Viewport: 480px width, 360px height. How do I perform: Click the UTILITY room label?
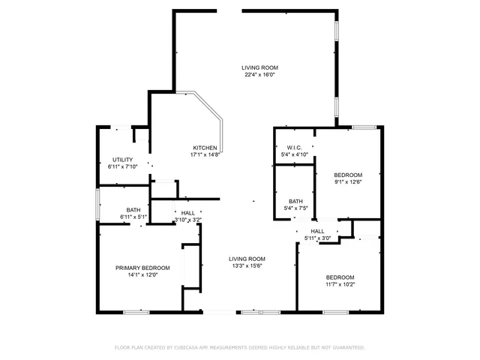coord(123,160)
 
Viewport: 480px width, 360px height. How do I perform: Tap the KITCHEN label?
coord(205,148)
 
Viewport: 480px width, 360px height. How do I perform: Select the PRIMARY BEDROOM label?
coord(142,268)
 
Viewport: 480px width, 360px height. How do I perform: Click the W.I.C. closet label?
coord(294,148)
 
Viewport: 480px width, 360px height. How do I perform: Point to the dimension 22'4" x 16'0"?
coord(259,74)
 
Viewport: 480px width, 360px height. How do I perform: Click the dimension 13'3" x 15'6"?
coord(247,266)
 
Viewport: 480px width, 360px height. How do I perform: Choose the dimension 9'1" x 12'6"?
coord(348,181)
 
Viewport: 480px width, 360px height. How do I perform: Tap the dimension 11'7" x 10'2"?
coord(340,284)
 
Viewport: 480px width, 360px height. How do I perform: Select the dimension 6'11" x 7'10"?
coord(123,166)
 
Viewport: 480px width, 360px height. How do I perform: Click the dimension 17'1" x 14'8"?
coord(205,154)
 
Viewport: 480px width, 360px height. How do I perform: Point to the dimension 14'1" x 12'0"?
coord(142,275)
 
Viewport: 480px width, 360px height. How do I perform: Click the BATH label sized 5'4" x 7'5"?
coord(295,201)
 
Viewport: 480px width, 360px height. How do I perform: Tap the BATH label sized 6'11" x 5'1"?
coord(133,210)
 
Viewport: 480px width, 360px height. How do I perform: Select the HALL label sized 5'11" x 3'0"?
coord(317,231)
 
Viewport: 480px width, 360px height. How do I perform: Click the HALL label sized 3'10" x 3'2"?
coord(187,213)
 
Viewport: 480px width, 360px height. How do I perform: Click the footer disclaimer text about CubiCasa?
coord(240,347)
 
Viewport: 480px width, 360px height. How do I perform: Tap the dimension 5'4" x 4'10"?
coord(294,154)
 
